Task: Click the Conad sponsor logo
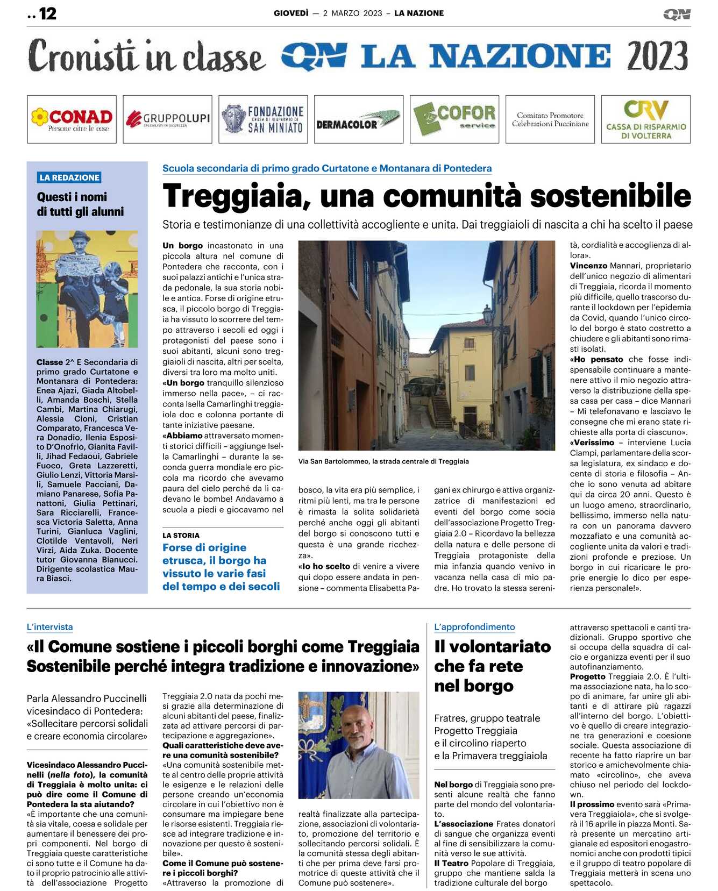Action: pos(72,119)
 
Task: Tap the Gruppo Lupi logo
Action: pos(167,119)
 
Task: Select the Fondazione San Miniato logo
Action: pos(263,119)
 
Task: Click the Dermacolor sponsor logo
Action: pos(358,119)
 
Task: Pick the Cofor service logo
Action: pos(454,119)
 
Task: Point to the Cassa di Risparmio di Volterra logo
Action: pos(645,119)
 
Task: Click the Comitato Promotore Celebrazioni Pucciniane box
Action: pos(550,119)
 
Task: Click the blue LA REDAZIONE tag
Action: pos(69,177)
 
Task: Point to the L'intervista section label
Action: pos(49,627)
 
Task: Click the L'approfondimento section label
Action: pos(474,627)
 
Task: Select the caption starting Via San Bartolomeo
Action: pos(383,461)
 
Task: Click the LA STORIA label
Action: pos(181,536)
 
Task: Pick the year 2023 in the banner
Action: pos(657,56)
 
